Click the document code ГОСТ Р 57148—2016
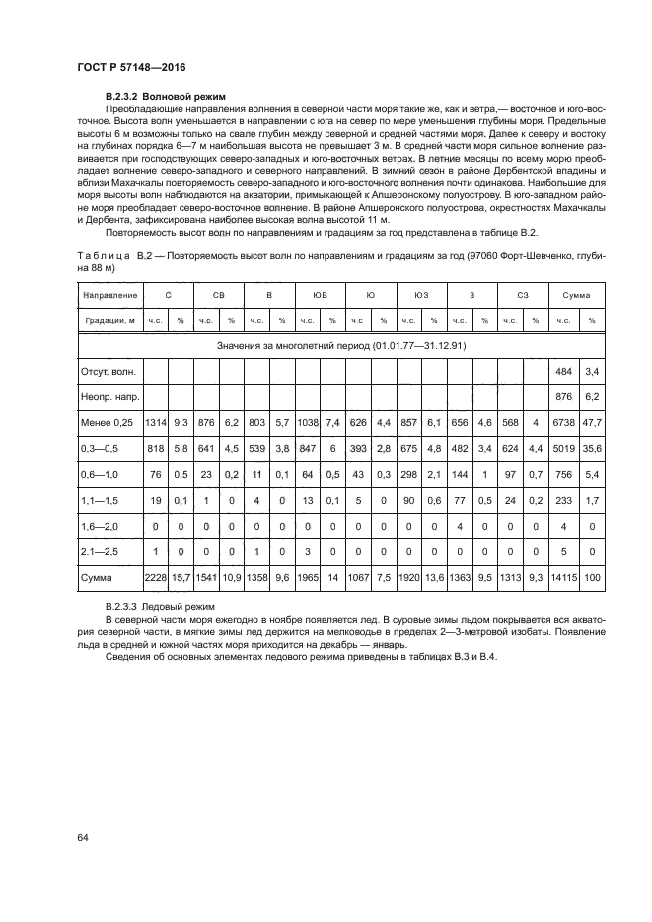click(131, 67)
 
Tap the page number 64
click(84, 836)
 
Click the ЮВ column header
click(321, 295)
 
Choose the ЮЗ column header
click(421, 295)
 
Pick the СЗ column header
click(523, 295)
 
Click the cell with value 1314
click(155, 422)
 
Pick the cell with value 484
click(564, 371)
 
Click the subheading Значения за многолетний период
click(340, 346)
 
